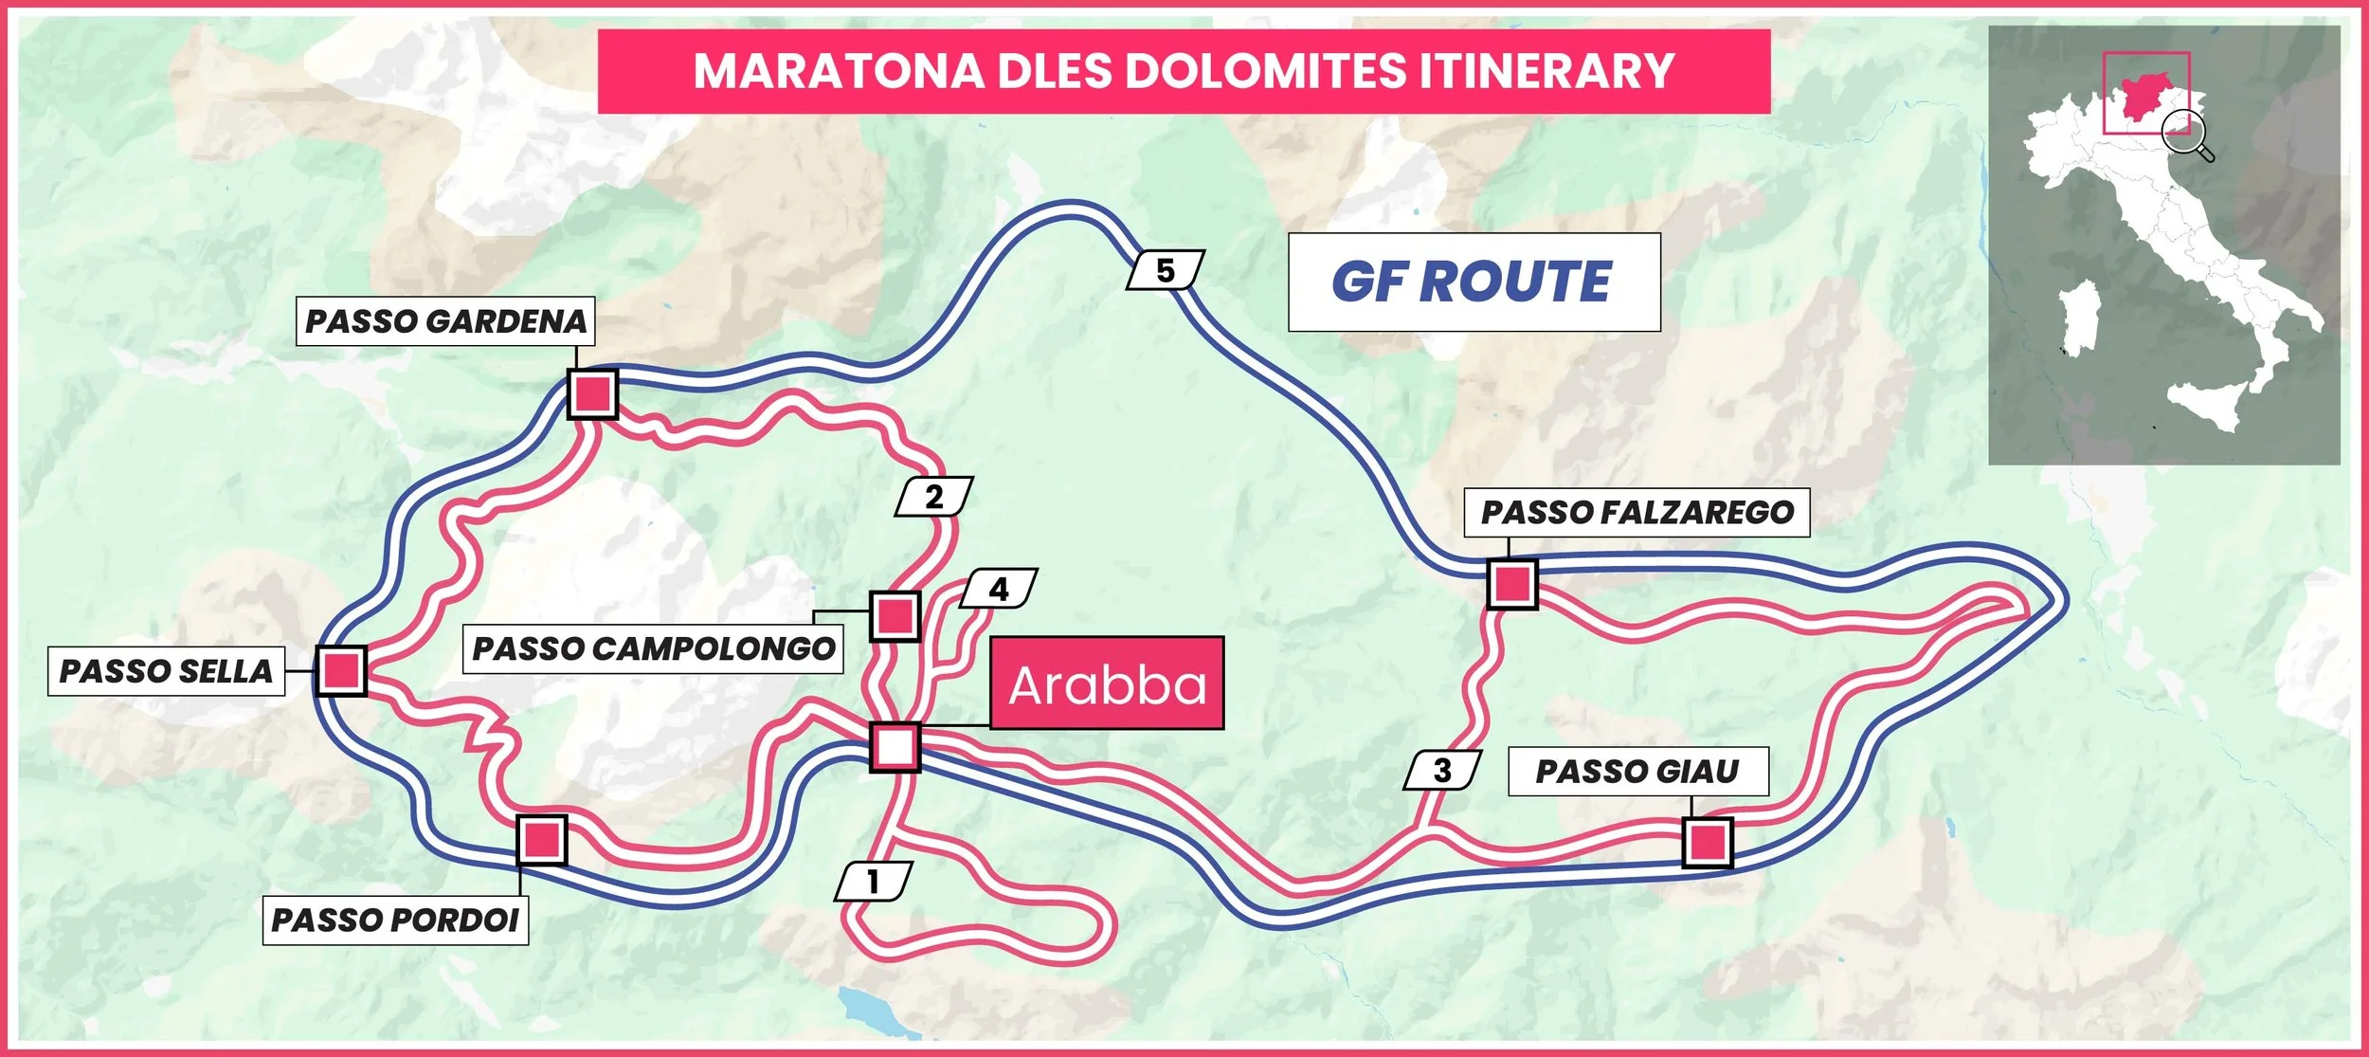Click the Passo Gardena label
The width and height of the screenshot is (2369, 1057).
[x=445, y=321]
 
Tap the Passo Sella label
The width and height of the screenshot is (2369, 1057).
[x=166, y=671]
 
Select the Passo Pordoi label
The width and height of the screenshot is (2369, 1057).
[x=395, y=920]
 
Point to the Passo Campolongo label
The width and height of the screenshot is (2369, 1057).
[x=653, y=648]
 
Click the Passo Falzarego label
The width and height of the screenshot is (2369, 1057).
[x=1637, y=513]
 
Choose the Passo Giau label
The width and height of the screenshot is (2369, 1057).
[x=1637, y=771]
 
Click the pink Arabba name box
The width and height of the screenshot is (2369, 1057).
[x=1107, y=683]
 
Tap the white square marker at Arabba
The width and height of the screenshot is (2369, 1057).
[x=895, y=747]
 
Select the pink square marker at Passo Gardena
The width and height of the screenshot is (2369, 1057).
[x=592, y=393]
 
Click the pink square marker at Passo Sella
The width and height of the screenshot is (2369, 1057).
[x=340, y=670]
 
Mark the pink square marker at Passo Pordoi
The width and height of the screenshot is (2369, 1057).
[x=542, y=840]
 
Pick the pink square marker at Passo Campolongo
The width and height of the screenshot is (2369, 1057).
[x=895, y=616]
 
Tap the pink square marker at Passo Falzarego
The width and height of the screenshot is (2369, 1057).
[x=1511, y=583]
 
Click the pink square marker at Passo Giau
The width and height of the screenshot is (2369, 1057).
[x=1708, y=842]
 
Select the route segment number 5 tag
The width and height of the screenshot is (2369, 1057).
[x=1166, y=270]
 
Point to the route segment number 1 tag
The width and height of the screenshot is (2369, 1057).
[x=873, y=882]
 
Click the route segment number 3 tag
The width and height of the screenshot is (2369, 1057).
[x=1442, y=770]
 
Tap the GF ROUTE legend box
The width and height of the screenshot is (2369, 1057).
[x=1474, y=282]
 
